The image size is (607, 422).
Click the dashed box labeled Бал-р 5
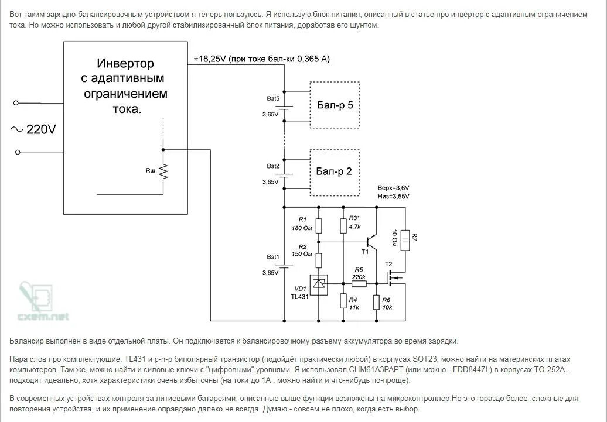pyautogui.click(x=335, y=105)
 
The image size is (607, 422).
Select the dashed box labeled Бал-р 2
pyautogui.click(x=335, y=171)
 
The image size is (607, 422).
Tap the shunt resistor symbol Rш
pyautogui.click(x=163, y=171)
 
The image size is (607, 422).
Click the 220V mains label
pyautogui.click(x=41, y=129)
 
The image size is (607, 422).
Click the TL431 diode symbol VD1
pyautogui.click(x=319, y=284)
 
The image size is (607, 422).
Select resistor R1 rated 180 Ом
pyautogui.click(x=319, y=225)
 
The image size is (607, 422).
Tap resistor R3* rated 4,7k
pyautogui.click(x=343, y=225)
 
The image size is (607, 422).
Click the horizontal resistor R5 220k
pyautogui.click(x=359, y=284)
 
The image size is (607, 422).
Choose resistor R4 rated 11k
pyautogui.click(x=343, y=301)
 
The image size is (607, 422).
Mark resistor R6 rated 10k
pyautogui.click(x=377, y=301)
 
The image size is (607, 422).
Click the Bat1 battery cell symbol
pyautogui.click(x=285, y=265)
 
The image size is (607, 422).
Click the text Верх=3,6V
pyautogui.click(x=393, y=188)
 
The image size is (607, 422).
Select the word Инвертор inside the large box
pyautogui.click(x=125, y=64)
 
